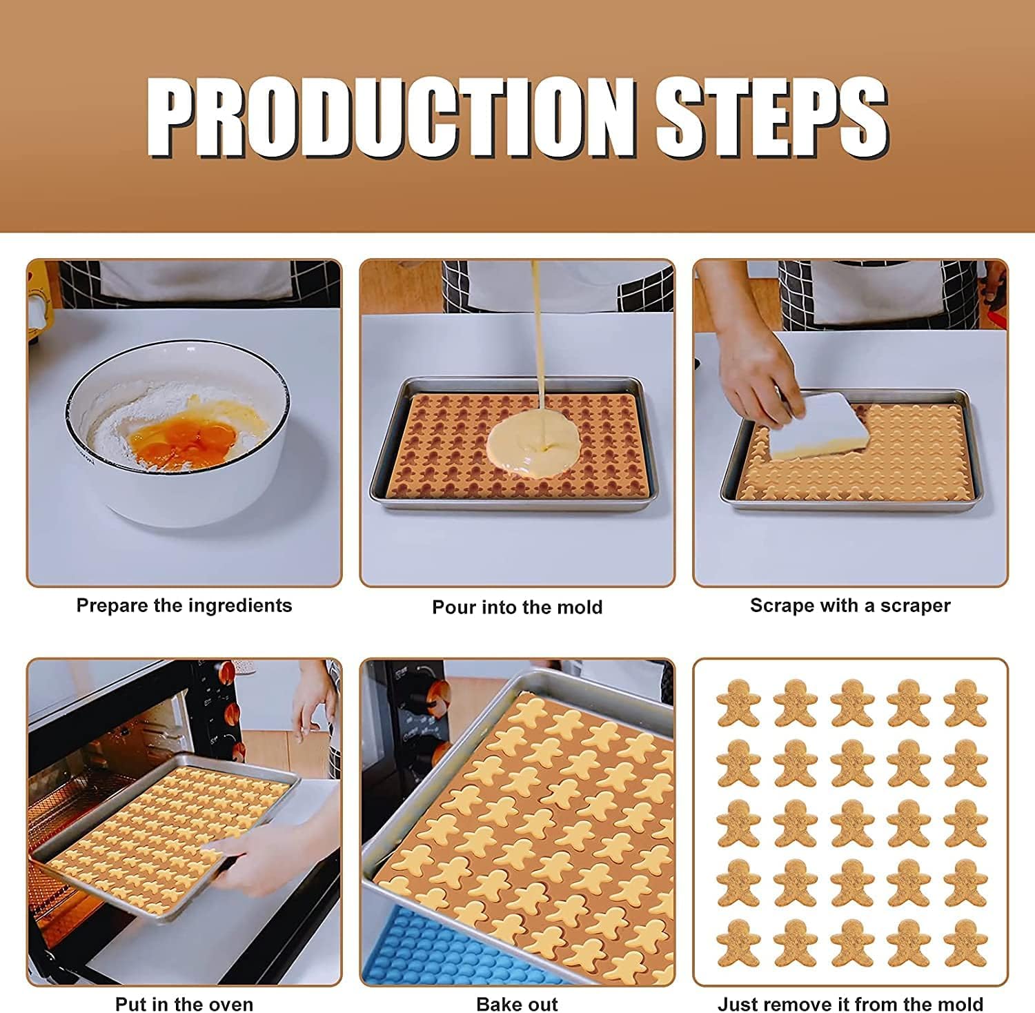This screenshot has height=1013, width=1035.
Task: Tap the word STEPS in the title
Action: coord(771,117)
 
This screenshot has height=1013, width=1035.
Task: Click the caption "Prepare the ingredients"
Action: coord(184,606)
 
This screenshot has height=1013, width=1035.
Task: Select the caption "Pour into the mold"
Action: coord(517,607)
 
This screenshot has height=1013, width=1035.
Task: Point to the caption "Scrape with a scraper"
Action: coord(850,606)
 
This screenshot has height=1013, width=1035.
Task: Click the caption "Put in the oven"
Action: coord(184,1004)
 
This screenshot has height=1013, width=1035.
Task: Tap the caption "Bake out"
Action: coord(517,1004)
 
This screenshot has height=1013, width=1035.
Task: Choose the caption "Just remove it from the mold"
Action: coord(850,1004)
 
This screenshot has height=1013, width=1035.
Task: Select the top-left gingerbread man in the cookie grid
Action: coord(738,703)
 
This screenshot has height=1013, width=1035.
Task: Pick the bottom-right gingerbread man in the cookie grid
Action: coord(965,943)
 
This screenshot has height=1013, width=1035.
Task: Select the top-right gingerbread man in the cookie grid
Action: coord(965,703)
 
